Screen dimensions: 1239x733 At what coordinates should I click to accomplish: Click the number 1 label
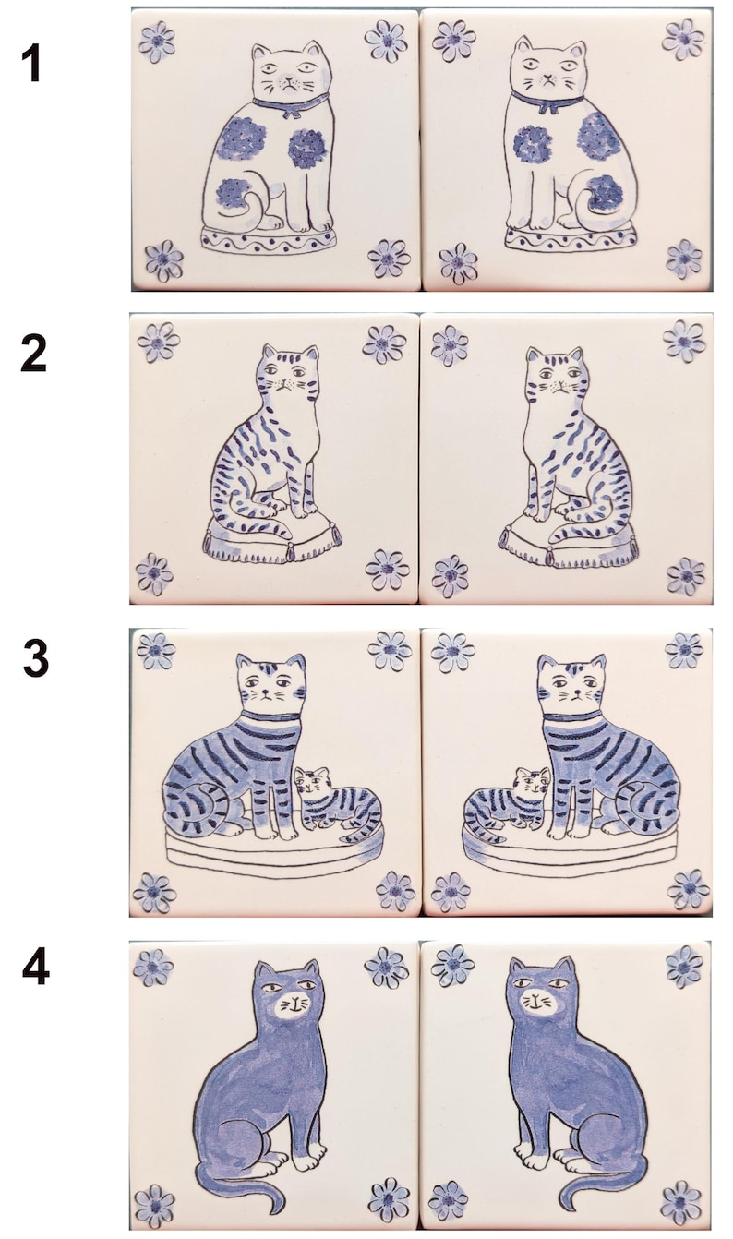32,64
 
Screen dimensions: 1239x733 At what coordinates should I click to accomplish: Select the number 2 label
34,355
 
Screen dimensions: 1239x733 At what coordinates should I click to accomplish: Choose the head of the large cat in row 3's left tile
270,680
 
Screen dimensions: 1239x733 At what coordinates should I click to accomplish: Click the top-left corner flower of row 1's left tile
157,42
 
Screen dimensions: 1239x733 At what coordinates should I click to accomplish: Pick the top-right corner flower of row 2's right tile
684,342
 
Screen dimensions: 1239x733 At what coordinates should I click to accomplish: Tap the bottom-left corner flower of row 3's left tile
154,892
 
